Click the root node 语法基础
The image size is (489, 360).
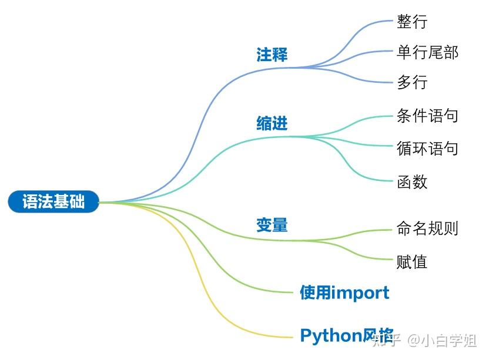(x=53, y=201)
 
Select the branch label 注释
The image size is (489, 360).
(x=272, y=55)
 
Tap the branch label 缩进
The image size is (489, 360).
(x=272, y=123)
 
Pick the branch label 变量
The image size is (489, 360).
(x=272, y=224)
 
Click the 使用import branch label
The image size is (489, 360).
(x=344, y=292)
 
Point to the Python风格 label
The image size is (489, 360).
(x=346, y=335)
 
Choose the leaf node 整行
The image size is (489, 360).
(x=412, y=22)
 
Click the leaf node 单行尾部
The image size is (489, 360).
(x=427, y=52)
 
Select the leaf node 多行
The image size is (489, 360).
(x=412, y=82)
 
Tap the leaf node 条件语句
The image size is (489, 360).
(x=427, y=116)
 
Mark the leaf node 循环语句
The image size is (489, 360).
(x=427, y=148)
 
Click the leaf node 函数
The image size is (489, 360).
(x=412, y=181)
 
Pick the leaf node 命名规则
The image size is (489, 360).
(x=427, y=228)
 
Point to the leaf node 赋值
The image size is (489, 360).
(x=412, y=261)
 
